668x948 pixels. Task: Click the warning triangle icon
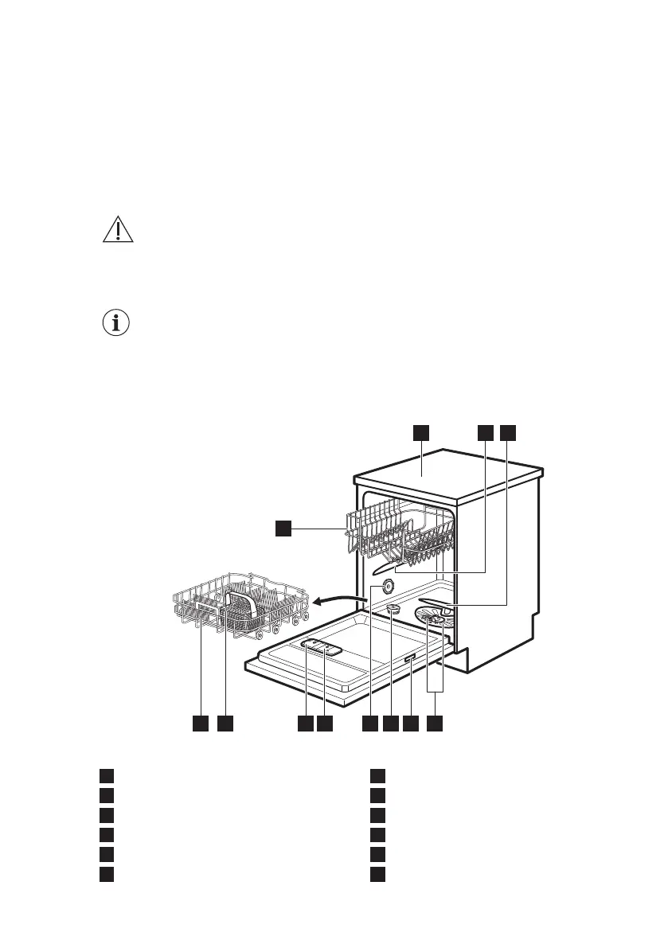(118, 229)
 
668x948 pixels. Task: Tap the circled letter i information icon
(118, 324)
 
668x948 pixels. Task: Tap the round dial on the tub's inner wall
(387, 586)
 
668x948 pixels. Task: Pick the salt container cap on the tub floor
(393, 609)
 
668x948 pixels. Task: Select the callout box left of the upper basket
(284, 528)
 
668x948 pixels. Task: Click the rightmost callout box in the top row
(508, 432)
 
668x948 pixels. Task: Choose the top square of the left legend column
(106, 776)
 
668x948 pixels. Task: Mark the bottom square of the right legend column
(378, 874)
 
